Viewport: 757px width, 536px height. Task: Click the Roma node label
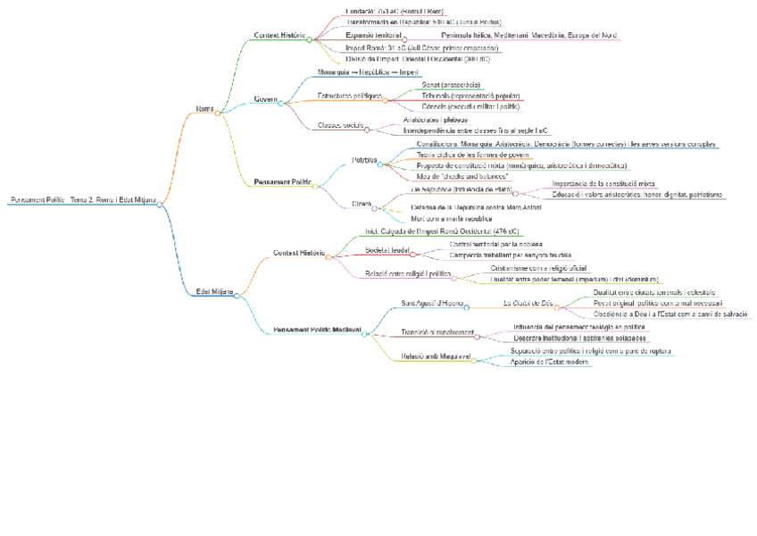pos(204,109)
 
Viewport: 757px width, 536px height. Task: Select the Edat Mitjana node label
pos(214,291)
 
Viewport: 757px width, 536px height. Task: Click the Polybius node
pos(364,160)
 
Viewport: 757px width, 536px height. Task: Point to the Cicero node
pos(362,204)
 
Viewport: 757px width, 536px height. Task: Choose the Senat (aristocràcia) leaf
pos(452,84)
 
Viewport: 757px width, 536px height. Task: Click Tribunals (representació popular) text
pos(471,95)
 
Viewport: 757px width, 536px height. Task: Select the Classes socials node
pos(340,125)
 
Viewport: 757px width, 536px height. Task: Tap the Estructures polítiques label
pos(349,95)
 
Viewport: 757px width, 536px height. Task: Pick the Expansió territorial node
pos(373,35)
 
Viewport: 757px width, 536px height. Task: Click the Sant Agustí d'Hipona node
pos(432,303)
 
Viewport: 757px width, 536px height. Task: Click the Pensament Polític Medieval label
pos(317,330)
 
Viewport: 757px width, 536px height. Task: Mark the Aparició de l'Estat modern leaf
pos(549,362)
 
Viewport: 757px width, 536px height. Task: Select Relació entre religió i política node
pos(407,273)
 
